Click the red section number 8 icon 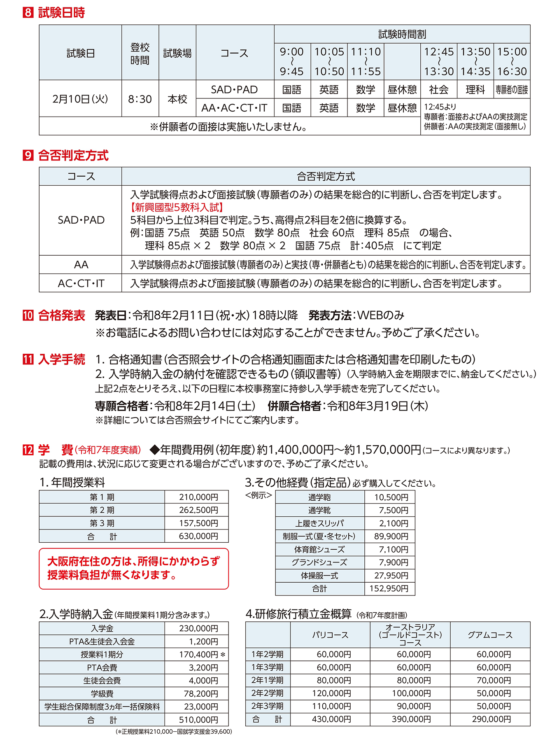[28, 13]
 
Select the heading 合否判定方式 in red [73, 156]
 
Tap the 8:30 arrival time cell [140, 99]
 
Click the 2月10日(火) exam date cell [80, 99]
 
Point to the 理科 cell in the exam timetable [475, 90]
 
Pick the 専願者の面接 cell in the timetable [512, 90]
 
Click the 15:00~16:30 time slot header [512, 62]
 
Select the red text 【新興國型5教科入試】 [177, 208]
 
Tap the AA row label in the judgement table [81, 265]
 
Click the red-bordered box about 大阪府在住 [134, 568]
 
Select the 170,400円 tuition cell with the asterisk [199, 655]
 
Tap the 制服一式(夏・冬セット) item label [319, 536]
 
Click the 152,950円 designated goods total [389, 588]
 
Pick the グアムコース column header [490, 635]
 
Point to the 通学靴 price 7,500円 [393, 510]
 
